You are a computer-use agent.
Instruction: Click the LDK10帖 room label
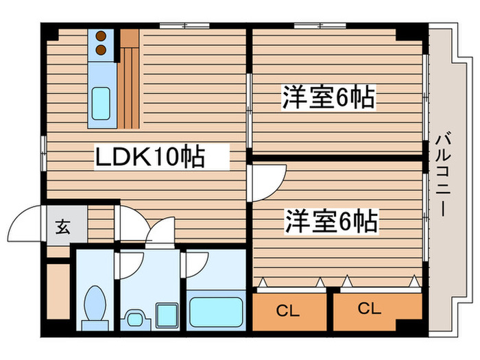click(149, 157)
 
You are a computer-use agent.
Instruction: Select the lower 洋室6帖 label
click(331, 221)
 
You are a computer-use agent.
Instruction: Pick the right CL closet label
click(369, 309)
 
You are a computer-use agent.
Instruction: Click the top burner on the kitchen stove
click(100, 37)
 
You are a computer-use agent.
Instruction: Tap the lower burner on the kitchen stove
click(100, 49)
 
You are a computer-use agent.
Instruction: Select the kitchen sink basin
click(101, 104)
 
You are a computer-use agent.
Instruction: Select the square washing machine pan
click(166, 316)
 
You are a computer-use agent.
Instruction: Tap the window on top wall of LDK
click(185, 26)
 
